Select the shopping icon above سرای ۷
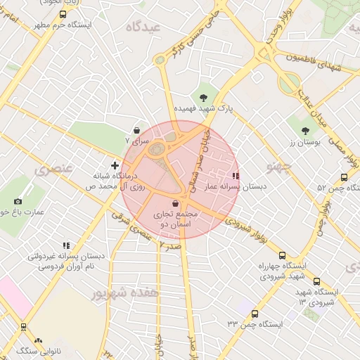[x=136, y=130]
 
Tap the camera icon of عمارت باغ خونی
[x=18, y=200]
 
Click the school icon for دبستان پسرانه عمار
[x=235, y=176]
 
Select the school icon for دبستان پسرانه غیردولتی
[x=66, y=245]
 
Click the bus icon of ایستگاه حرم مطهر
[x=63, y=13]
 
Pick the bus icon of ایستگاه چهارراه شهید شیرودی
[x=282, y=256]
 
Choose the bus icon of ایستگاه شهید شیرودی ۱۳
[x=316, y=281]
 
